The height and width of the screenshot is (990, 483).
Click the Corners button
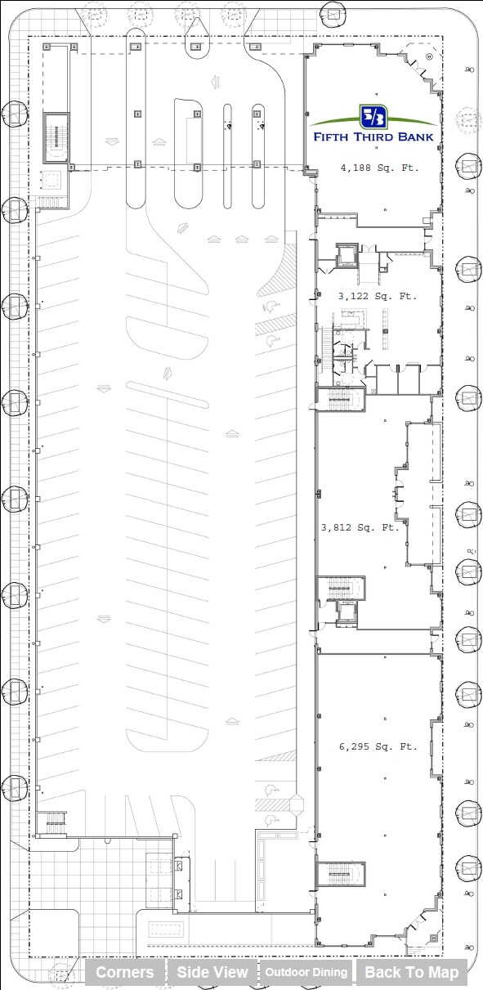[124, 972]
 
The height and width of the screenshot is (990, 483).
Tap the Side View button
[212, 972]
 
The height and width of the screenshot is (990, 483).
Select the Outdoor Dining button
[306, 972]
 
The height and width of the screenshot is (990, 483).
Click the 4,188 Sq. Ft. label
[379, 168]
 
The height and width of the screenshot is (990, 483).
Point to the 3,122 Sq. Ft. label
[378, 296]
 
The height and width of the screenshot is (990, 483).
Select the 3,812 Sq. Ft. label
[360, 527]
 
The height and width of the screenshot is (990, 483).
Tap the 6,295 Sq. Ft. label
[378, 746]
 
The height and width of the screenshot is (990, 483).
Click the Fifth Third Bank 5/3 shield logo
[373, 116]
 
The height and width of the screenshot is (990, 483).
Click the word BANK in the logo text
[415, 137]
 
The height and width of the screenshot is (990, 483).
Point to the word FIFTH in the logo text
[331, 137]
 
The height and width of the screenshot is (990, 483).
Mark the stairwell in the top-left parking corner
[56, 138]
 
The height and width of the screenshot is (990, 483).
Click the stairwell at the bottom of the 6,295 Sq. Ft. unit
[341, 874]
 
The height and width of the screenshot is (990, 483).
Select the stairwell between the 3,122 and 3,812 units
[340, 400]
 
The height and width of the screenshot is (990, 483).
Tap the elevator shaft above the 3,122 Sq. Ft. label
[347, 255]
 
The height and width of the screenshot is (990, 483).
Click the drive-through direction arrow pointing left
[216, 82]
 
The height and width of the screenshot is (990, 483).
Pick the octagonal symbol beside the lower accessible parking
[296, 805]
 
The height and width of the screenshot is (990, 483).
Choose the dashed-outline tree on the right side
[468, 119]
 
